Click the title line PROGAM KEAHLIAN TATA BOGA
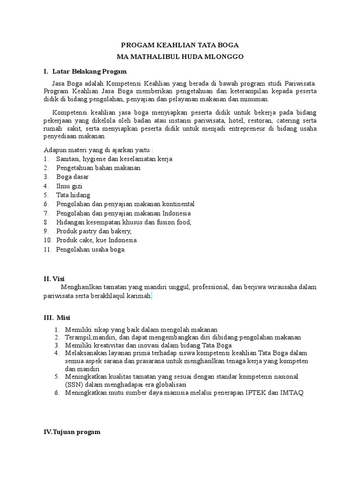(180, 45)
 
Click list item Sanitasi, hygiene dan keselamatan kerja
(114, 159)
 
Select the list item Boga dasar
(72, 177)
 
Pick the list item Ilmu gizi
(69, 186)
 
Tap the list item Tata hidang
(73, 195)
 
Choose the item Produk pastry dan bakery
(94, 231)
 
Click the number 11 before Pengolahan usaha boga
(46, 249)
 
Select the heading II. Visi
(53, 278)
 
